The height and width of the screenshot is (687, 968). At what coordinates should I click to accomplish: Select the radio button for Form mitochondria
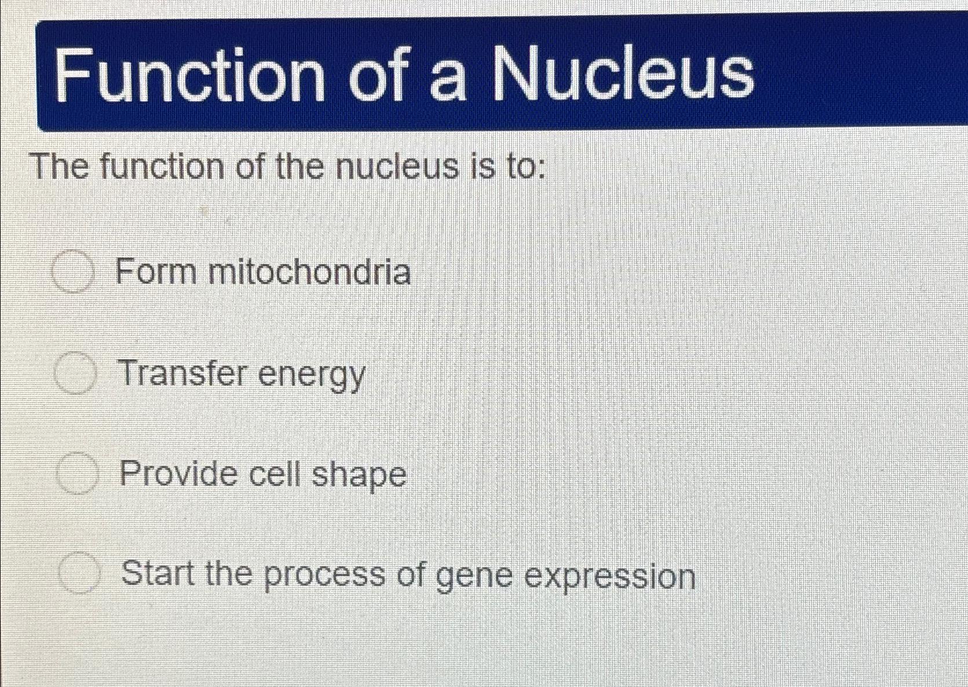click(x=72, y=272)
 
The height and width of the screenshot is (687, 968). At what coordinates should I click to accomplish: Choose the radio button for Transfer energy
click(x=75, y=373)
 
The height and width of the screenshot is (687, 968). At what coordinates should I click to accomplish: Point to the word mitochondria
click(x=309, y=272)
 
